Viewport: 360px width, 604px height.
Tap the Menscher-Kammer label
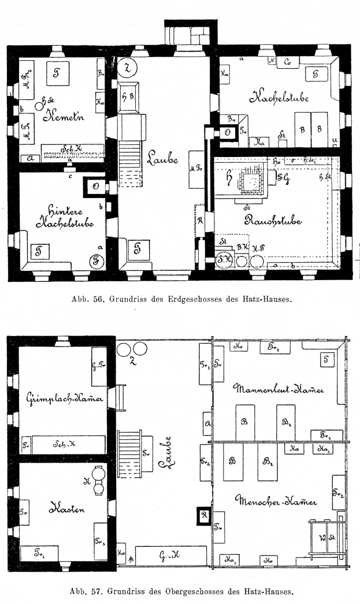(x=276, y=502)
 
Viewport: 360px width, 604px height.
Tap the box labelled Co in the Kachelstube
(x=287, y=61)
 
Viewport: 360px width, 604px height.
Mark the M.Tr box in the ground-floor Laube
(x=195, y=169)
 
